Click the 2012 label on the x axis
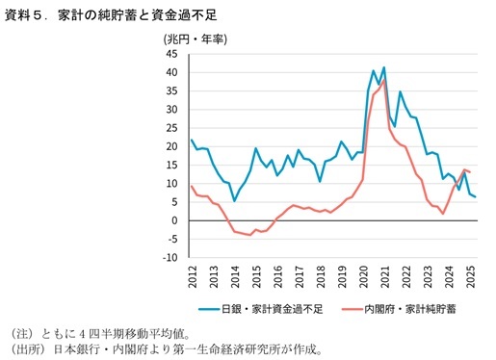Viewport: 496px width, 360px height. coord(193,279)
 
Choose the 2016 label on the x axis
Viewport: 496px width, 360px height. coord(276,279)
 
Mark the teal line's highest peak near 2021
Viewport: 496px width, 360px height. coord(384,67)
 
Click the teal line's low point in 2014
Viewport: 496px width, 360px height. coord(234,200)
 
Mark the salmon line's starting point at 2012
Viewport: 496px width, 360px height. coord(193,186)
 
